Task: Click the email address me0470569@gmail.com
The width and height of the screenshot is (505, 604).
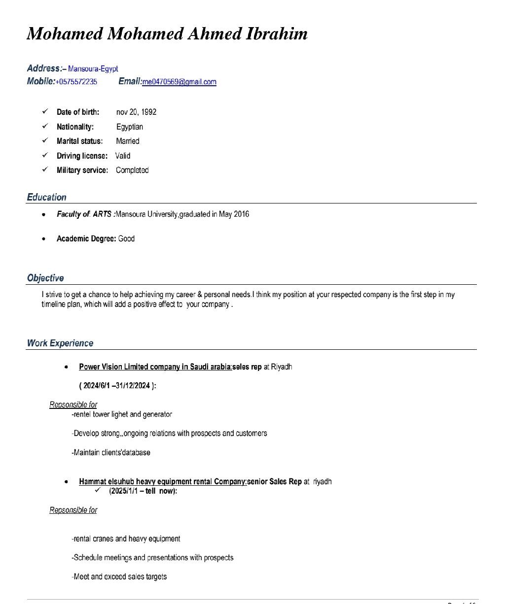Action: tap(179, 82)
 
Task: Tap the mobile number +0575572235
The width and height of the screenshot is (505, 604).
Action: tap(76, 82)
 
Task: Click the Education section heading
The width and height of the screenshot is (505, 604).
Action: tap(46, 197)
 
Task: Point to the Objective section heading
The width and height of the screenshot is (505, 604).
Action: tap(45, 278)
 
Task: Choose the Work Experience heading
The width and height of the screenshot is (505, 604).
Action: tap(60, 343)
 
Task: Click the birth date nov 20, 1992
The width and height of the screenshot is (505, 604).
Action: tap(136, 112)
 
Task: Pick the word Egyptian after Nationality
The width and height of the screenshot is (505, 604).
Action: tap(130, 127)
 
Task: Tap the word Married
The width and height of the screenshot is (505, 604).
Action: tap(128, 141)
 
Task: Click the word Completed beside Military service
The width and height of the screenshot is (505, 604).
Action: tap(132, 170)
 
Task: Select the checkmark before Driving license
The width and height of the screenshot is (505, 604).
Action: tap(45, 155)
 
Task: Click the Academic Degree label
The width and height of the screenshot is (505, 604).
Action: tap(86, 238)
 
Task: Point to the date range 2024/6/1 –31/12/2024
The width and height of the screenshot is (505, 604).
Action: tap(117, 385)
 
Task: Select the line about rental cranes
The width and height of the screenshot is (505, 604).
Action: tap(126, 538)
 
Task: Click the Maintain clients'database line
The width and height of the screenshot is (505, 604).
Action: tap(111, 452)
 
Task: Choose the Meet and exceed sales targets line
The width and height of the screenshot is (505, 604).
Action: tap(119, 576)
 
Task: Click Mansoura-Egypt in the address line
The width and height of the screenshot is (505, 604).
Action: tap(93, 69)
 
